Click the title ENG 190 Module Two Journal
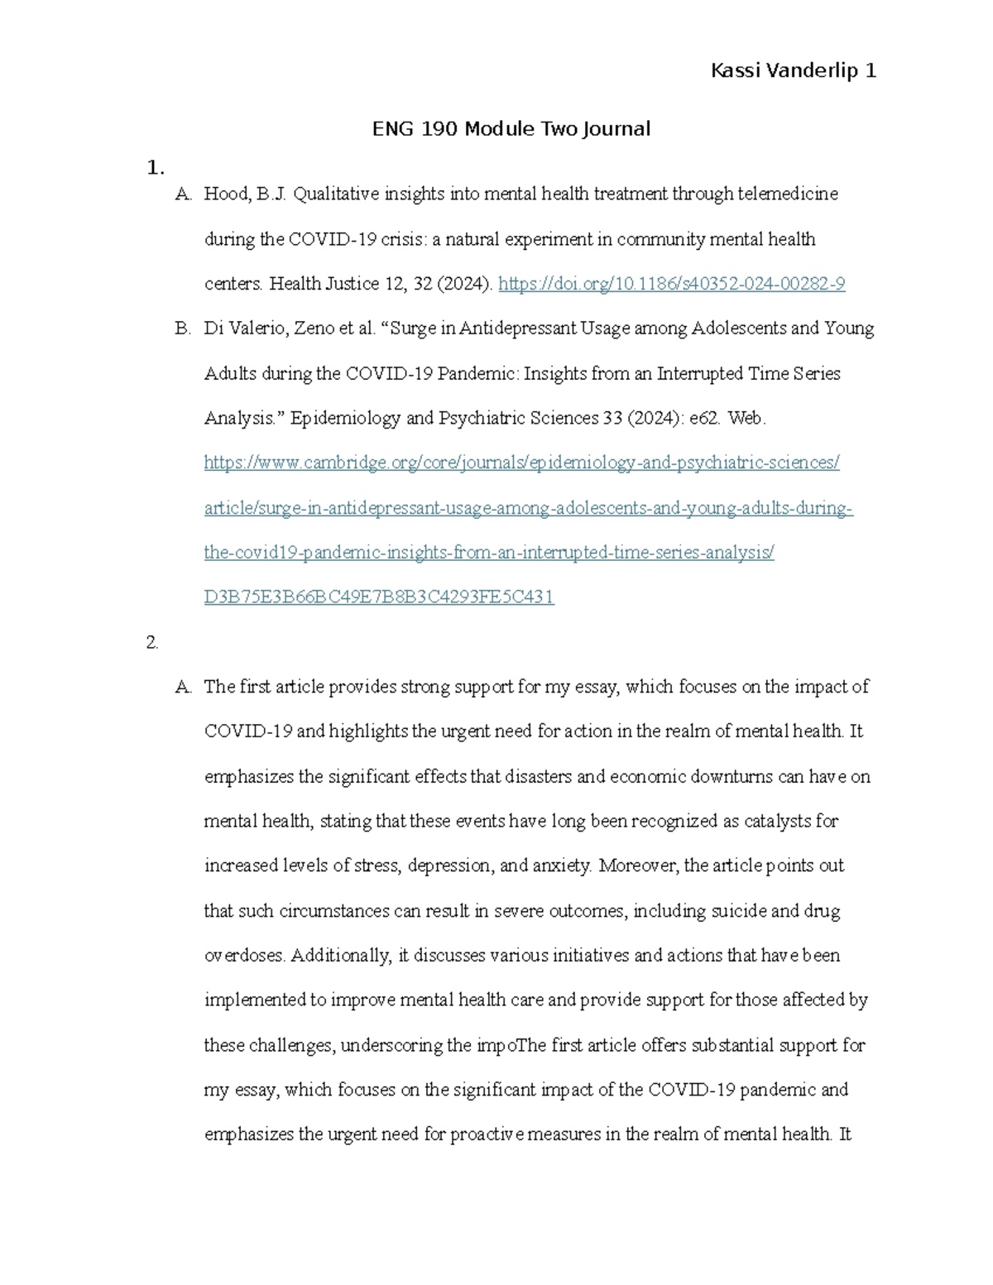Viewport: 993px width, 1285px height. [x=511, y=129]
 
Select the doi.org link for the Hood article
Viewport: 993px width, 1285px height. [x=671, y=284]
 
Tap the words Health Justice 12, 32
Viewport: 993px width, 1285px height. [x=351, y=284]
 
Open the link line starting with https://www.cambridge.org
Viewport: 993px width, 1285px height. [x=521, y=463]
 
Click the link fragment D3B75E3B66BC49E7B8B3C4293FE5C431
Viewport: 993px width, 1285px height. [x=378, y=597]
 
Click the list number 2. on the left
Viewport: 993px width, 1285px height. [x=152, y=642]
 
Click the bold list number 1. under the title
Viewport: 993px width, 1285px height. [x=155, y=168]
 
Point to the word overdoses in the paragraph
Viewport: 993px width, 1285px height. [x=244, y=956]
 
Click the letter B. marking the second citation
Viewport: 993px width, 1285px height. [x=183, y=328]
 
